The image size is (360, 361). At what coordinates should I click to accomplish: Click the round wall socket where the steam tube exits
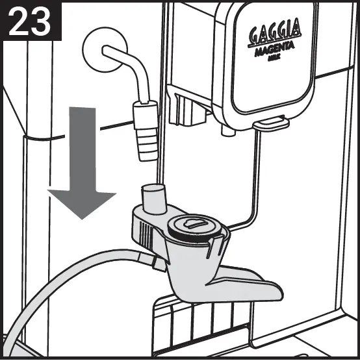pos(102,47)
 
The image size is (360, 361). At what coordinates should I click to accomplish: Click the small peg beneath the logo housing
pos(225,130)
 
